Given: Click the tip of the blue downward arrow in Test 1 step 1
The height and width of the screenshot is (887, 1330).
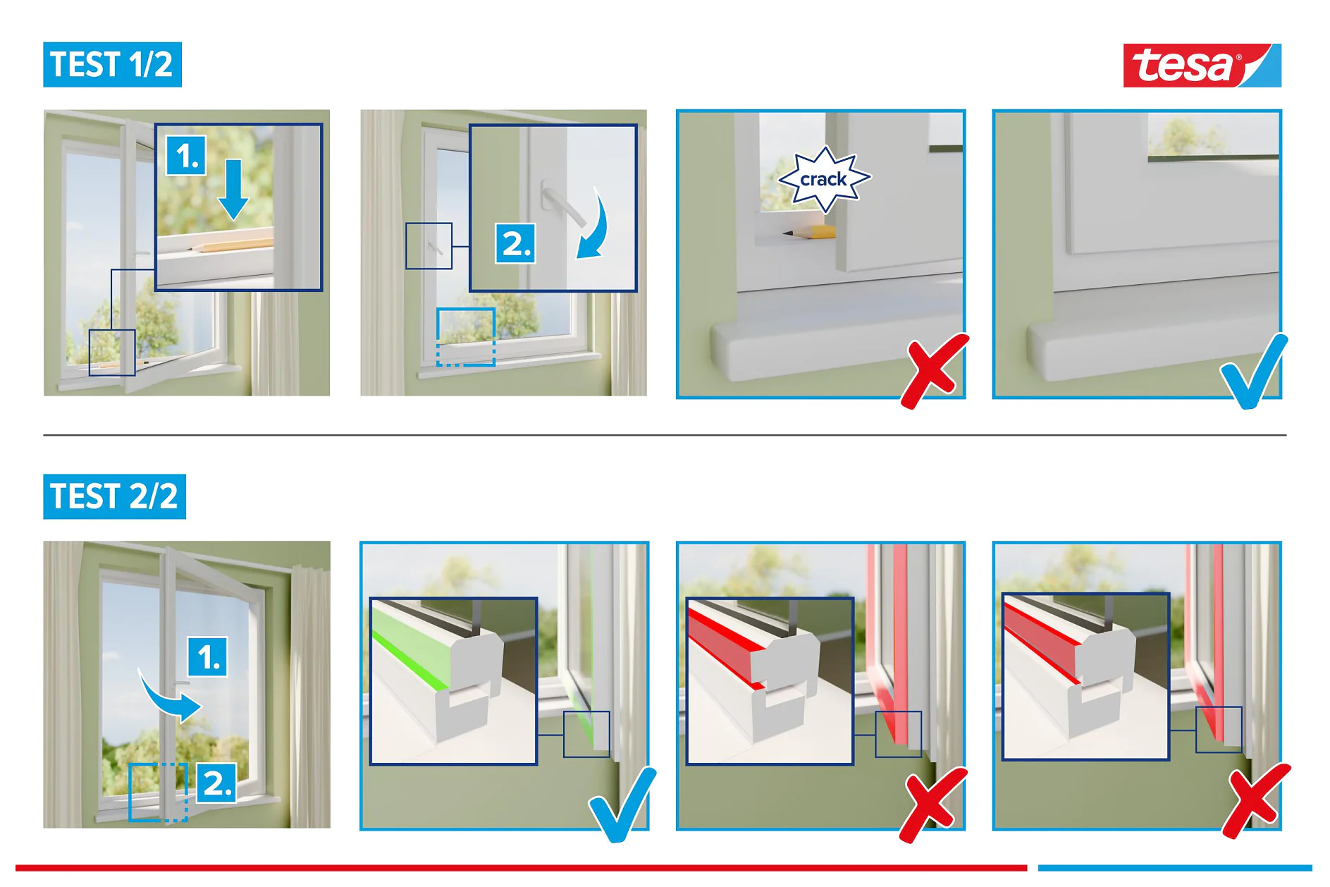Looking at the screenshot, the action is (233, 219).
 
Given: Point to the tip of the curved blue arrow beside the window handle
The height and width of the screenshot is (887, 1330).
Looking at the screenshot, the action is (578, 258).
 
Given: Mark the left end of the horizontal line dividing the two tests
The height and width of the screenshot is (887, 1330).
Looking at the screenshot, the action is (44, 435).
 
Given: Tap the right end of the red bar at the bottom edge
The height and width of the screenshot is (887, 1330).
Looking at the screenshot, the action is (1027, 867).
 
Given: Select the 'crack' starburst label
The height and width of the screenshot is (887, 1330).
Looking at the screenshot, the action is (824, 179).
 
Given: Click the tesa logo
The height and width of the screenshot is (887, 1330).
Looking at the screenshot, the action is (1202, 66).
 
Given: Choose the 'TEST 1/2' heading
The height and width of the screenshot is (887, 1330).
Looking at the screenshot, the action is (112, 65).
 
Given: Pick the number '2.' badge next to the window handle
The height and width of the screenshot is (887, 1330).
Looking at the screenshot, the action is (515, 243).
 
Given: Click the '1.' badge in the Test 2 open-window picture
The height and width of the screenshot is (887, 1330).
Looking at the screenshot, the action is (208, 657).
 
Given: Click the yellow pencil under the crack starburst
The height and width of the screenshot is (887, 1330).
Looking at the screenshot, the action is (811, 232).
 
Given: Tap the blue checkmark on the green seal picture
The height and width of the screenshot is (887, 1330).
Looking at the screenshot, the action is (622, 805).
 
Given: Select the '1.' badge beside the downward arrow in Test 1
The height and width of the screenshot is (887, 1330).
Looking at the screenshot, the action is (187, 155).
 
